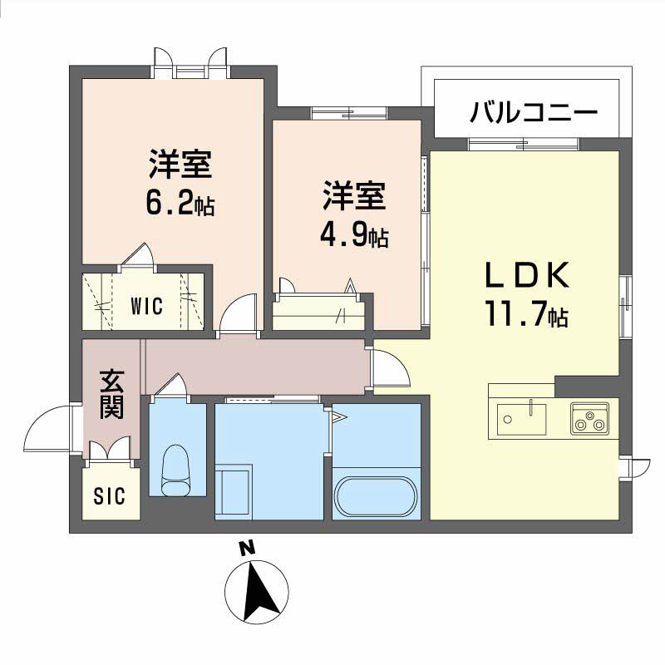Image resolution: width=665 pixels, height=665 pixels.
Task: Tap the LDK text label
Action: tap(527, 274)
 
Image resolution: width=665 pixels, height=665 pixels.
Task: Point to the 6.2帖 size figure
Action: tap(180, 204)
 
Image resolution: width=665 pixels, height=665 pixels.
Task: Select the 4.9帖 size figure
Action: tap(354, 237)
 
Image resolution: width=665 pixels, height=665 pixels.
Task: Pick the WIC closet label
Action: tap(145, 305)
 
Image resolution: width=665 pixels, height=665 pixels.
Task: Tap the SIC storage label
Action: tap(109, 496)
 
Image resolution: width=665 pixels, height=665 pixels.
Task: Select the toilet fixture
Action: tap(175, 470)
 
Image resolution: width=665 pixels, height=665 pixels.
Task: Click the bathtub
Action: tap(374, 498)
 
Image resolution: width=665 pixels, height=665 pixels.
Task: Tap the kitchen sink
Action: tap(521, 416)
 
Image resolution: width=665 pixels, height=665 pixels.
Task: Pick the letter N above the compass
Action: tap(246, 549)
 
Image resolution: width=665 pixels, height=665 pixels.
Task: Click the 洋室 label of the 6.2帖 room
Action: tap(180, 165)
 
